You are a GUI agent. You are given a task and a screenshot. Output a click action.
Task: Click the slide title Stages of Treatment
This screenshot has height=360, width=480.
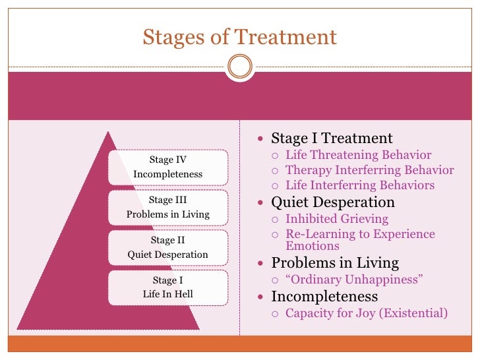(x=240, y=36)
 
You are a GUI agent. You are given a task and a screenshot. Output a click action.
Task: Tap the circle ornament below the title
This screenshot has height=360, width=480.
(x=239, y=67)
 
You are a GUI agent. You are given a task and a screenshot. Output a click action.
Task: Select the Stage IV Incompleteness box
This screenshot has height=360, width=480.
(x=167, y=167)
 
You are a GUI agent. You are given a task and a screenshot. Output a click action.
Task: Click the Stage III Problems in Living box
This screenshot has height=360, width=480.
(x=167, y=207)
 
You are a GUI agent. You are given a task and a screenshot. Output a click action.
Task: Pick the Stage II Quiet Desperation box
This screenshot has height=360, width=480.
(x=167, y=247)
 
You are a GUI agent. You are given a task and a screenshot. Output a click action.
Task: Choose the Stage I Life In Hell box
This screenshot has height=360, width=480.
(x=167, y=287)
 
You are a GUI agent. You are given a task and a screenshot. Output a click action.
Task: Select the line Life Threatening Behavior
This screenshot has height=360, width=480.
(x=358, y=156)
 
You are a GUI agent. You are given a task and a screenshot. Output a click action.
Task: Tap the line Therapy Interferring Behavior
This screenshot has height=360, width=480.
(x=369, y=171)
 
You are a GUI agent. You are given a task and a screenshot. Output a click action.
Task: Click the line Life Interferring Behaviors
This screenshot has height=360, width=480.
(x=359, y=185)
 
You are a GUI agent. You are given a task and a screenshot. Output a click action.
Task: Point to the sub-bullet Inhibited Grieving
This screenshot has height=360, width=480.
(x=336, y=219)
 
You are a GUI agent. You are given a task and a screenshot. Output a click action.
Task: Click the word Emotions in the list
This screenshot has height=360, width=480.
(x=313, y=246)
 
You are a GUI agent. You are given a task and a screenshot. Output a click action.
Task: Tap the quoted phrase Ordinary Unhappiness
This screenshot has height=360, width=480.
(x=353, y=280)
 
